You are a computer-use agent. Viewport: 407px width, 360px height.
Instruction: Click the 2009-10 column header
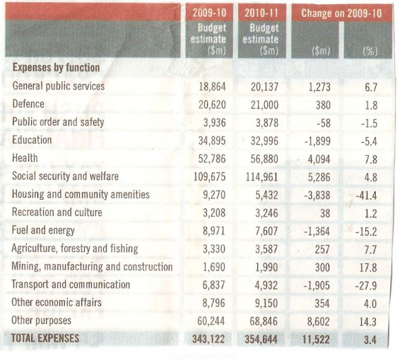coord(209,13)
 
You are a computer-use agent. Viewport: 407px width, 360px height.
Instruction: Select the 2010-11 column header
coord(261,13)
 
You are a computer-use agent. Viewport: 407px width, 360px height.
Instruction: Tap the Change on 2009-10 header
coord(341,13)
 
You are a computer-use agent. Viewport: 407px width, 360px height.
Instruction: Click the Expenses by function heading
coord(56,68)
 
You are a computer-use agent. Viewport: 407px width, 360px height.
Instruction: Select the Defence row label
coord(28,104)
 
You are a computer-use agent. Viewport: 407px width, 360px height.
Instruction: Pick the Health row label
coord(25,158)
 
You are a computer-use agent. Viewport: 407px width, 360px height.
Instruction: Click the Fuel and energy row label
coord(43,231)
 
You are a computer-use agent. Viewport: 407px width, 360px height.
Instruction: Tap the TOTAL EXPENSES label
coord(45,338)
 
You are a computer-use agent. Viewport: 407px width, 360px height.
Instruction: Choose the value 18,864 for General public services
coord(212,87)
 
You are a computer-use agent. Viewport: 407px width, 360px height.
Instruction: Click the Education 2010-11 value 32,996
coord(264,141)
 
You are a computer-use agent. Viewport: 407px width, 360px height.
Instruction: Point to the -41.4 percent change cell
coord(366,196)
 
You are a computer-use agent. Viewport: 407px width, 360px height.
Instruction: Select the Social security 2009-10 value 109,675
coord(209,177)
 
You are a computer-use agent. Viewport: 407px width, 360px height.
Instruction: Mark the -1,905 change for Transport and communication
coord(317,286)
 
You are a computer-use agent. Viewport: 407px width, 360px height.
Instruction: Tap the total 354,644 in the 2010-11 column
coord(261,340)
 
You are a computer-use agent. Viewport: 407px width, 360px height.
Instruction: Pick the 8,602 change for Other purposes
coord(319,322)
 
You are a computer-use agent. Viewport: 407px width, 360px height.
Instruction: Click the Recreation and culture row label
coord(57,212)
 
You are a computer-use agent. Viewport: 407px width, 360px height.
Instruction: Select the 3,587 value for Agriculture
coord(266,249)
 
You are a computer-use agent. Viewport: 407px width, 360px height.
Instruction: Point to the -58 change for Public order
coord(324,124)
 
